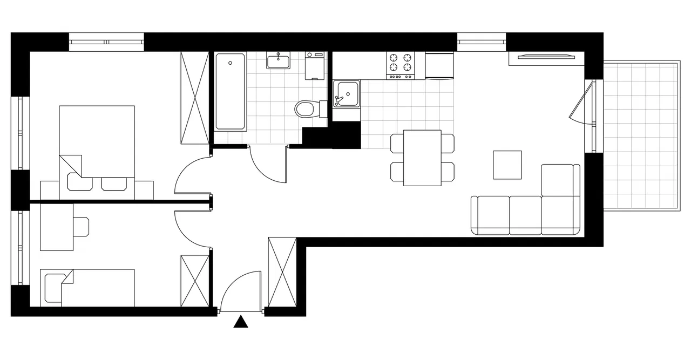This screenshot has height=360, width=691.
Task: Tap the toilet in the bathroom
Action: click(306, 108)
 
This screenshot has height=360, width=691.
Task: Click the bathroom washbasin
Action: click(279, 60)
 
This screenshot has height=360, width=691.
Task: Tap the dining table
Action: click(422, 158)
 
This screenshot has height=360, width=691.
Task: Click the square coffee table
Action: click(507, 165)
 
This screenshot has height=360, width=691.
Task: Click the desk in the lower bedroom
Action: click(57, 227)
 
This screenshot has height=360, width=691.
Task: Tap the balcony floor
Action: click(640, 137)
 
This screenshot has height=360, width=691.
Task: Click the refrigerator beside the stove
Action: click(439, 65)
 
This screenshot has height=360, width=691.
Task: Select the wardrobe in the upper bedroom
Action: click(194, 98)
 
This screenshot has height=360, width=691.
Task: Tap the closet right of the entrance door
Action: click(282, 273)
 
